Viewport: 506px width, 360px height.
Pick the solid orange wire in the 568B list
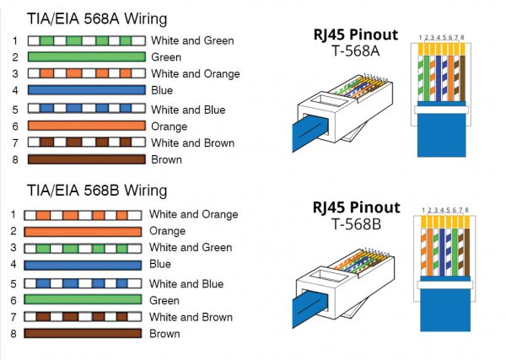83,231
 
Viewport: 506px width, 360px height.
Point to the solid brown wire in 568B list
83,334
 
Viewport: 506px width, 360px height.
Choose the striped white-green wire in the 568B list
83,248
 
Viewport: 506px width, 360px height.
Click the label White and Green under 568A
192,40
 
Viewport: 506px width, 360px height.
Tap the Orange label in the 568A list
170,126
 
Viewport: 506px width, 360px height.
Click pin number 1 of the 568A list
14,40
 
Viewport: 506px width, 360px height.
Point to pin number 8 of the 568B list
13,334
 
